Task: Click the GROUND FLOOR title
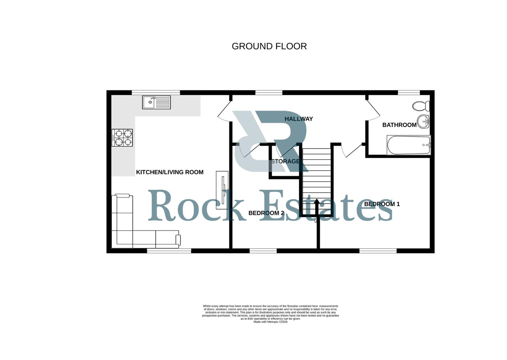click(269, 46)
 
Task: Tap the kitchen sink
click(156, 102)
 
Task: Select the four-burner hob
click(122, 138)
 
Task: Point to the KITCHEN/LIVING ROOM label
click(170, 172)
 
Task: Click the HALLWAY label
click(298, 119)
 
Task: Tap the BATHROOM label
click(399, 125)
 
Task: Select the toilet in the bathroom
click(421, 106)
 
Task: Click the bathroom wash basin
click(423, 122)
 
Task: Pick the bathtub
click(408, 145)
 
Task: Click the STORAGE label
click(285, 162)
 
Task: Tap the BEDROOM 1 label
click(382, 204)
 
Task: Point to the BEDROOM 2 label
click(266, 213)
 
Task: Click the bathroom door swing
click(373, 110)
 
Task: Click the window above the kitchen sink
click(156, 92)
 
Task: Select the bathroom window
click(409, 92)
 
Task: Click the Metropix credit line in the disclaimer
click(270, 322)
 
